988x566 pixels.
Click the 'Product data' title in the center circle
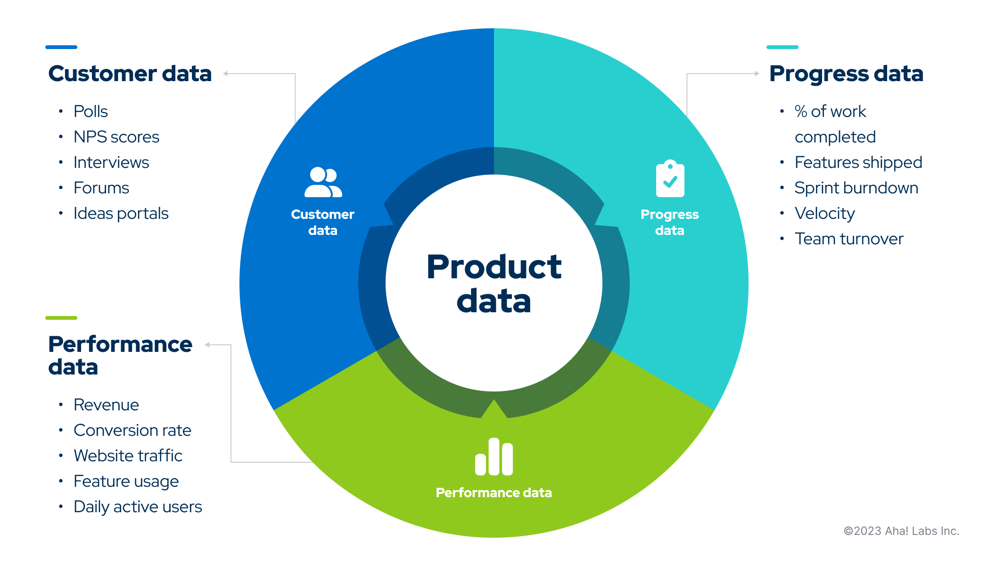494,283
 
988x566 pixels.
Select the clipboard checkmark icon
670,179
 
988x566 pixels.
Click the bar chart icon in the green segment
494,457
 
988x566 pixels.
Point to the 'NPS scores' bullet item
116,137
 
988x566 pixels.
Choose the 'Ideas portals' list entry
121,213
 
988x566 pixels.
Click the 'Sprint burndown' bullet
856,188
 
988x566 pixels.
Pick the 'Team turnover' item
848,239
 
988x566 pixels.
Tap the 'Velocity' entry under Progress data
824,213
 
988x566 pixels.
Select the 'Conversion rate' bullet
132,430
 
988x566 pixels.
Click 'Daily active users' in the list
138,507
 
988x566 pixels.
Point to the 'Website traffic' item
128,456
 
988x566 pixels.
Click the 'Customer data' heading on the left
130,74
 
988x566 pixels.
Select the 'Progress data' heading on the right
846,74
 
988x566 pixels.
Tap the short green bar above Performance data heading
61,318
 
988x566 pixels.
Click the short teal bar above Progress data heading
782,47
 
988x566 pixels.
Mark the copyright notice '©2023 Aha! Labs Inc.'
901,531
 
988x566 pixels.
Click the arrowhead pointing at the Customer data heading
226,74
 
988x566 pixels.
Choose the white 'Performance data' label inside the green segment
494,492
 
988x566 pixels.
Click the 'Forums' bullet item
101,188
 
